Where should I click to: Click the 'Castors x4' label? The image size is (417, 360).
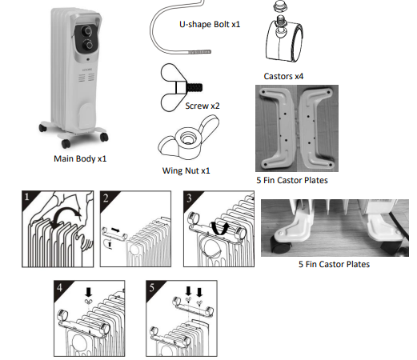283,76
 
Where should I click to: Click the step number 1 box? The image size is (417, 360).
29,197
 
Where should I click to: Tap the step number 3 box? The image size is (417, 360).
189,197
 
